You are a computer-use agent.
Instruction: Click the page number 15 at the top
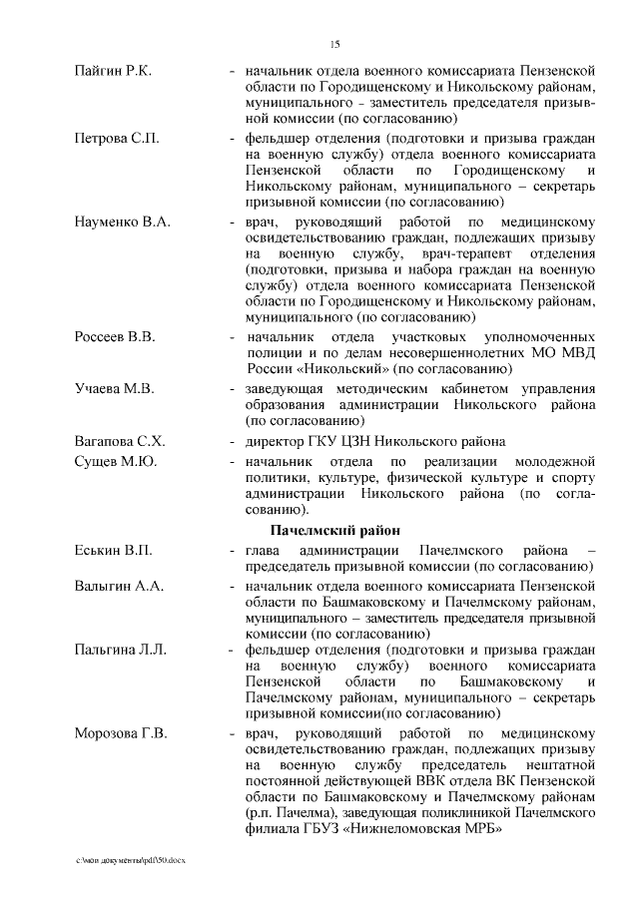coord(335,43)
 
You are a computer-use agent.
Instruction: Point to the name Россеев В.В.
coord(115,337)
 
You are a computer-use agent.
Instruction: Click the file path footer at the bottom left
coord(131,859)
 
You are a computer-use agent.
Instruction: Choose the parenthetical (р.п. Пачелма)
coord(292,813)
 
